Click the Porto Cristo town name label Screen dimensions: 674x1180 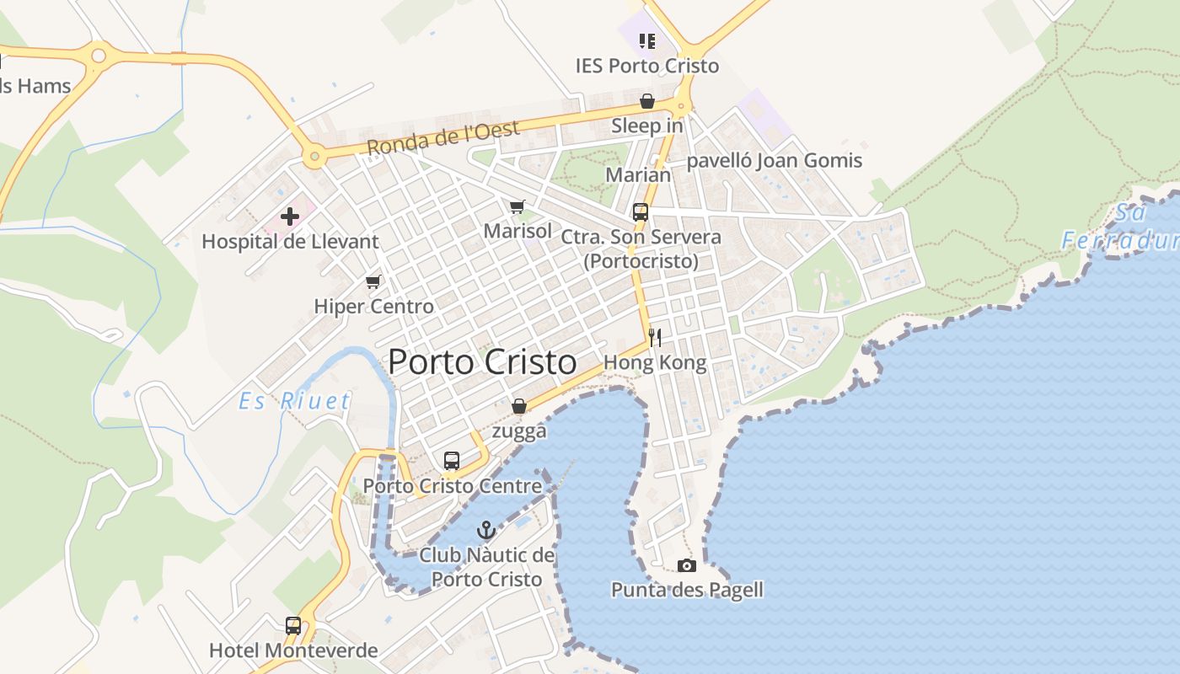tap(482, 362)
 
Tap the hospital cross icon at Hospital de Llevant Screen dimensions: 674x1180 tap(290, 217)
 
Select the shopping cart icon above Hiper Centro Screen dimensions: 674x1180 tap(373, 281)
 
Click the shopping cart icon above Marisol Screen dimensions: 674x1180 tap(518, 206)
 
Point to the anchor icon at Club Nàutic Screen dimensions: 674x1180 tap(486, 530)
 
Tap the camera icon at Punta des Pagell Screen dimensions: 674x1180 tap(687, 565)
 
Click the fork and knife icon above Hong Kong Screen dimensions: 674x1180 tap(655, 338)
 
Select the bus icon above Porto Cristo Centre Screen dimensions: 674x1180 tap(452, 461)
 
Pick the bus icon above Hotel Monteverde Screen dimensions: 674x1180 tap(293, 626)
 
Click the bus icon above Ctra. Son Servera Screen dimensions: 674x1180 tap(641, 212)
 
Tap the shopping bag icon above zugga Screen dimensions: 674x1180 tap(519, 406)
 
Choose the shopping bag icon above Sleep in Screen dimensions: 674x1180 tap(647, 101)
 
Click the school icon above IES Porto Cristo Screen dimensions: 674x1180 tap(647, 40)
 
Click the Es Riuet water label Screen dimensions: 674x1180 tap(294, 401)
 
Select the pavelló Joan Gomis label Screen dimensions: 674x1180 tap(775, 160)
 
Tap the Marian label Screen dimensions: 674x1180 tap(639, 175)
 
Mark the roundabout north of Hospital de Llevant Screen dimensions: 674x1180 tap(314, 156)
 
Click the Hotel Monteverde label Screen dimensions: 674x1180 tap(293, 650)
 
